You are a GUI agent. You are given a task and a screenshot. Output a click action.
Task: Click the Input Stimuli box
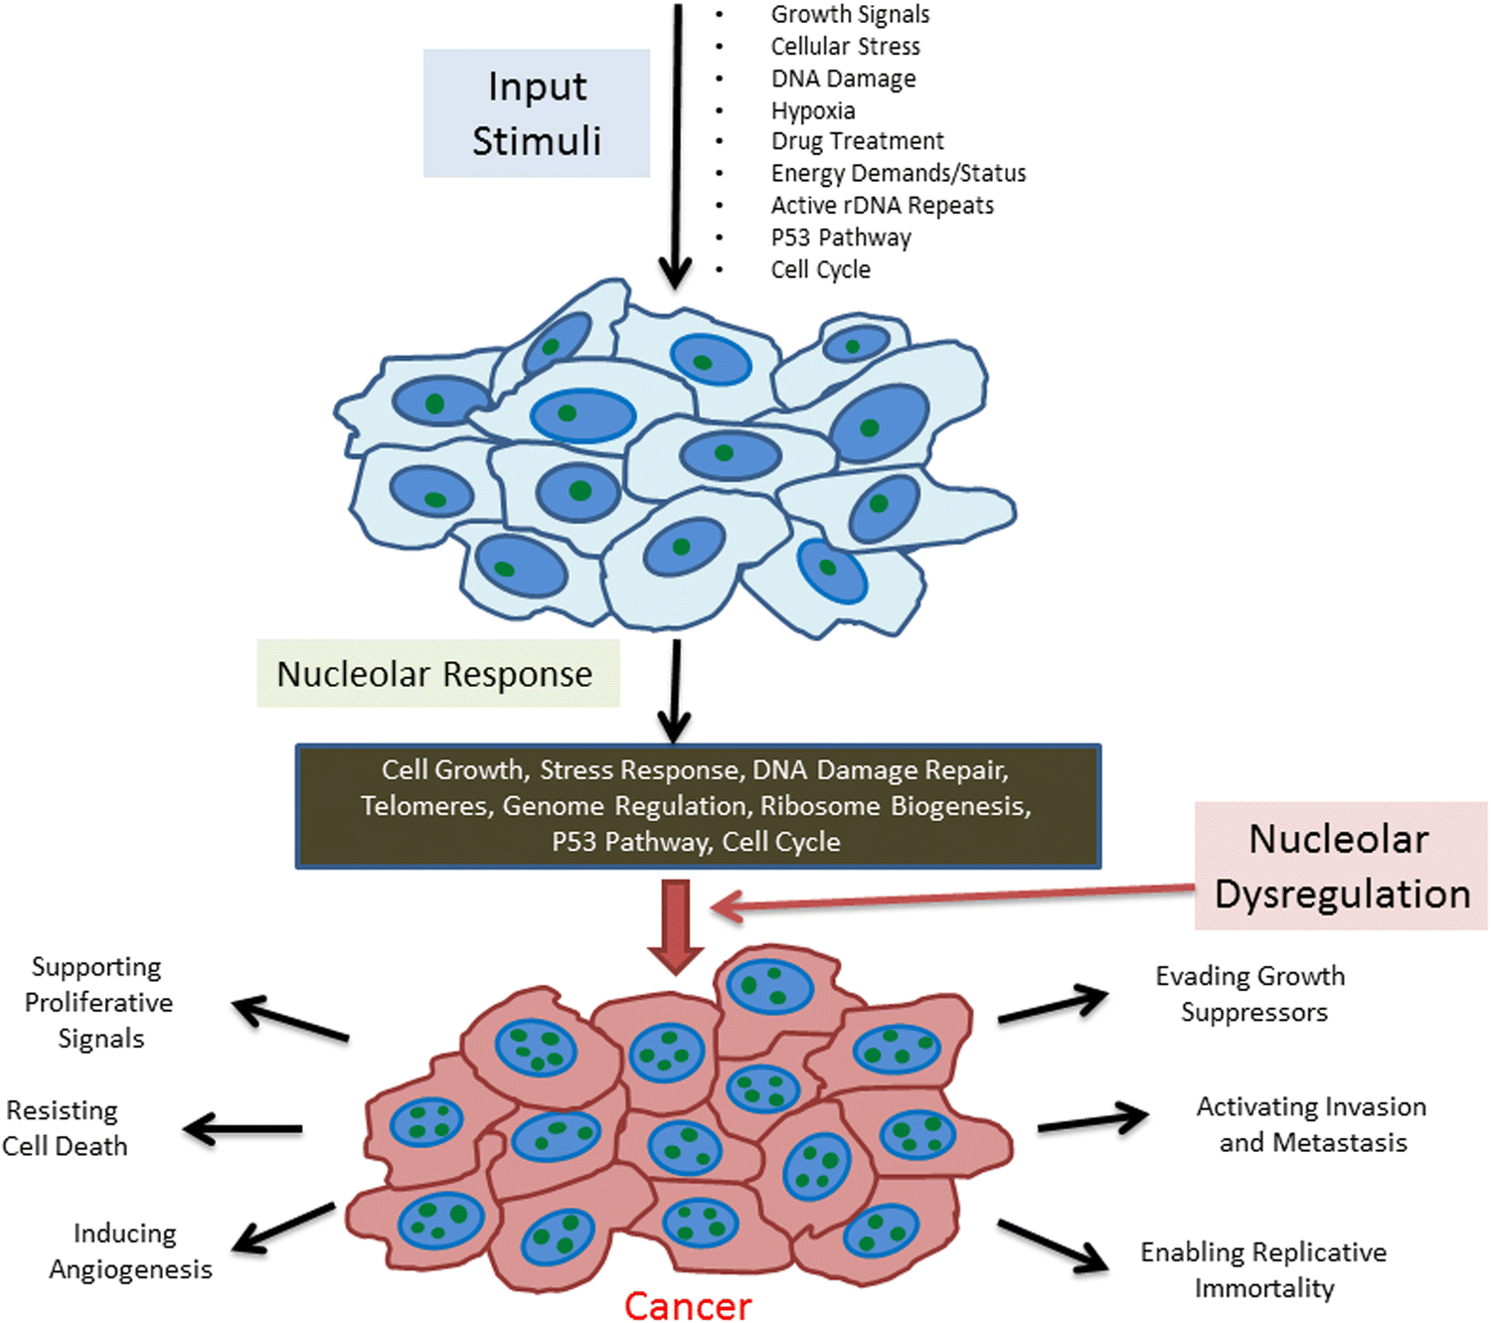pyautogui.click(x=537, y=113)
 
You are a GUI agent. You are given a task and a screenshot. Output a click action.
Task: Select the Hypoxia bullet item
pyautogui.click(x=813, y=110)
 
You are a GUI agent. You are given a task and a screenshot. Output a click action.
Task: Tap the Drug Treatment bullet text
pyautogui.click(x=857, y=141)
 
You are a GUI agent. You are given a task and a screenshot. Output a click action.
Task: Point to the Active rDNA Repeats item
pyautogui.click(x=882, y=206)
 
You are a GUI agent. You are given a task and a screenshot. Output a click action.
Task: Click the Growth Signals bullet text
pyautogui.click(x=850, y=15)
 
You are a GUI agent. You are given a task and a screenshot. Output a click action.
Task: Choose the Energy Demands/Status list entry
pyautogui.click(x=898, y=174)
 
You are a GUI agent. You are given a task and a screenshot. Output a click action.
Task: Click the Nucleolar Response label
pyautogui.click(x=436, y=674)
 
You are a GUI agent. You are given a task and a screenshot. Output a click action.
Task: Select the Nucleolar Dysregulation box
pyautogui.click(x=1340, y=866)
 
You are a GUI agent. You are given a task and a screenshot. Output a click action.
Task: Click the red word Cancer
pyautogui.click(x=688, y=1305)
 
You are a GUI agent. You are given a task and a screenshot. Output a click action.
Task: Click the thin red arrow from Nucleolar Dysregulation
pyautogui.click(x=944, y=898)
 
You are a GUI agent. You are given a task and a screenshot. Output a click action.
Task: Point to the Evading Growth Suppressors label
pyautogui.click(x=1250, y=994)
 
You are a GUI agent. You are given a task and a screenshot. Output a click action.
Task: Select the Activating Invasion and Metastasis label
pyautogui.click(x=1311, y=1124)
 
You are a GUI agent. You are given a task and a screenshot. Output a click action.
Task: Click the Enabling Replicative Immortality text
pyautogui.click(x=1263, y=1269)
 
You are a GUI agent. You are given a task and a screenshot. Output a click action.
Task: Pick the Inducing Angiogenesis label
pyautogui.click(x=129, y=1251)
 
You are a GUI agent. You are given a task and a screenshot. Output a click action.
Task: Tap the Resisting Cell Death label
pyautogui.click(x=64, y=1128)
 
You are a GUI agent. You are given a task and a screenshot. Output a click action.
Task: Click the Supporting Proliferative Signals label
pyautogui.click(x=98, y=1002)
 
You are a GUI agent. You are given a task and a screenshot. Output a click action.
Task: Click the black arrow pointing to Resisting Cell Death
pyautogui.click(x=244, y=1128)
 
